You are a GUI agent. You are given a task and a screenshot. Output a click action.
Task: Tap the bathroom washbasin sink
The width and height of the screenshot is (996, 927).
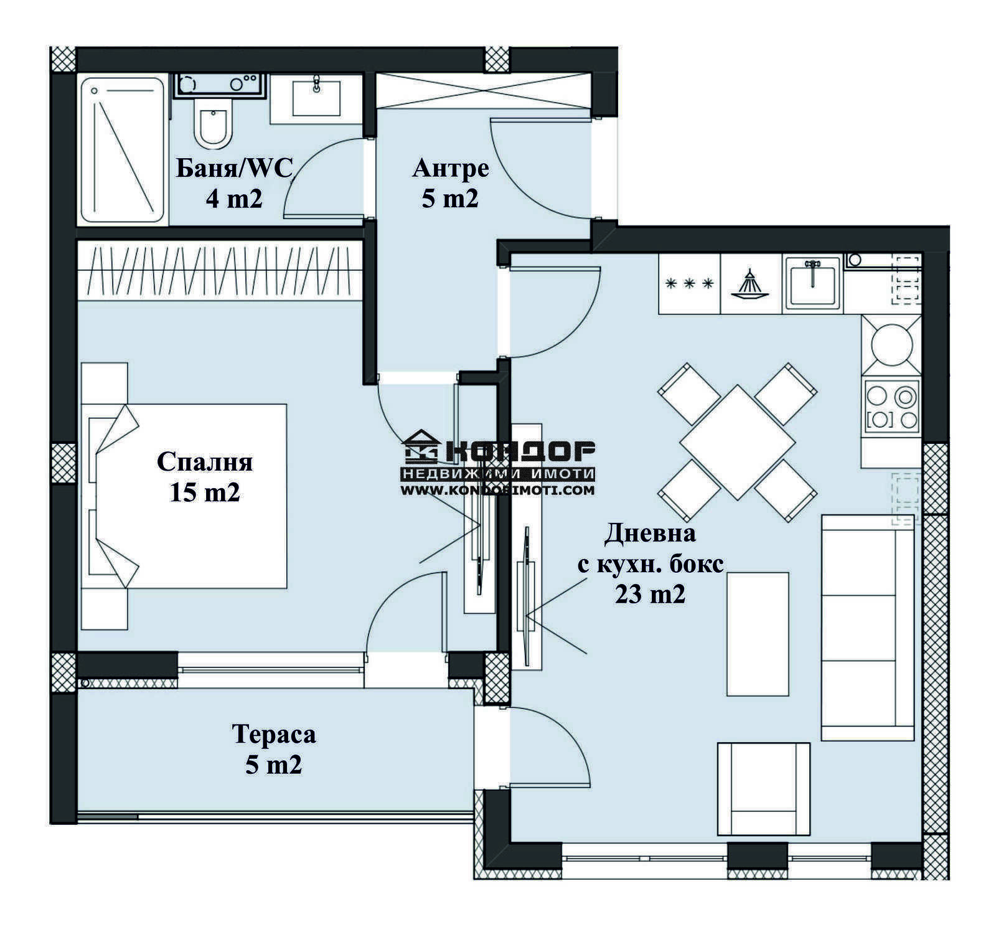(316, 98)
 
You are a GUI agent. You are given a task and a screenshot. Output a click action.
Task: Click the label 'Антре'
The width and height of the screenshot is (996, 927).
(451, 168)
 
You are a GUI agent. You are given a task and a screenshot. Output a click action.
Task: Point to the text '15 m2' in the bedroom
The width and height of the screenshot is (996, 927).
(205, 493)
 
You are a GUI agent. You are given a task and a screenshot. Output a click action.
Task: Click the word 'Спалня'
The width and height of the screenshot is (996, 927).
(205, 462)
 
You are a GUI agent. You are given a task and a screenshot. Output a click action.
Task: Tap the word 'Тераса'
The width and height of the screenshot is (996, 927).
(274, 734)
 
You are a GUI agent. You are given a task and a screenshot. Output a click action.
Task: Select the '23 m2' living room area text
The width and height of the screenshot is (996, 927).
(651, 595)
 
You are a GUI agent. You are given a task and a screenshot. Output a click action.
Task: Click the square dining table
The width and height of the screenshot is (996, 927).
(738, 442)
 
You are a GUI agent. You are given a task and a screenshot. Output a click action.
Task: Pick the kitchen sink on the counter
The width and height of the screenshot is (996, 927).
(812, 283)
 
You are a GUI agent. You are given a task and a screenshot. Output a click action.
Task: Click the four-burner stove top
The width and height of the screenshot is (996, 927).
(891, 406)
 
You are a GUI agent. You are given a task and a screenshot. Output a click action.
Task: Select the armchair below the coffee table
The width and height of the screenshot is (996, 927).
(764, 789)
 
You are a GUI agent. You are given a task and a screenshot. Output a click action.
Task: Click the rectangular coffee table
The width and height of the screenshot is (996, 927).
(758, 634)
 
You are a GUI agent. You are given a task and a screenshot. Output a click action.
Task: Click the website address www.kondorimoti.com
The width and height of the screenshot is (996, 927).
(497, 490)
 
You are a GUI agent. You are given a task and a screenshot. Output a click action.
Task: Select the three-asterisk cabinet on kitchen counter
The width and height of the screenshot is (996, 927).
(689, 284)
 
